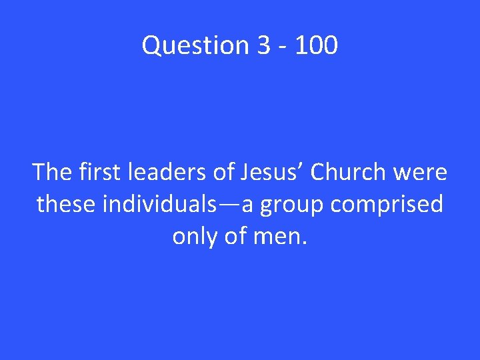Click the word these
coord(66,204)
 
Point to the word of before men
coord(234,236)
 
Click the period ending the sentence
coord(305,243)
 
